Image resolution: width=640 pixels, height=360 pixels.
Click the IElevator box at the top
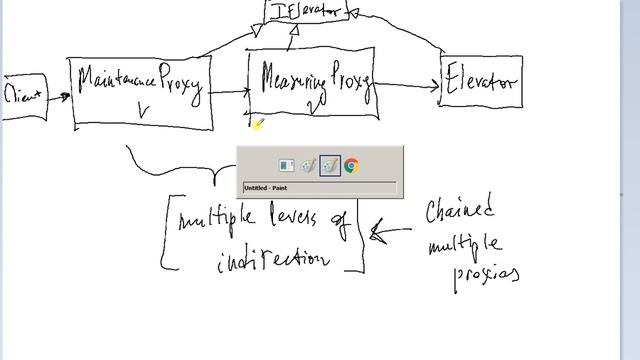pyautogui.click(x=307, y=11)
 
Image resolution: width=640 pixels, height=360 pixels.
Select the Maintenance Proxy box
pyautogui.click(x=141, y=92)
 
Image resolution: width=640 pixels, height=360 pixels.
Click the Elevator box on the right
pyautogui.click(x=481, y=81)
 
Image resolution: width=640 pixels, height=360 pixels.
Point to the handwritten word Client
pyautogui.click(x=24, y=96)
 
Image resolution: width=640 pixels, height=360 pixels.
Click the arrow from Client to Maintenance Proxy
pyautogui.click(x=59, y=97)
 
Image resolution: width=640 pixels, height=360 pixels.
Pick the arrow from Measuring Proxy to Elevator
pyautogui.click(x=407, y=87)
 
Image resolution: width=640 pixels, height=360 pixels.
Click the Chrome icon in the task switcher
pyautogui.click(x=351, y=166)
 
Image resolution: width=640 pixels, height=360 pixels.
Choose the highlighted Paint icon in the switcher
pyautogui.click(x=330, y=166)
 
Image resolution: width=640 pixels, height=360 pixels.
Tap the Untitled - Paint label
pyautogui.click(x=265, y=187)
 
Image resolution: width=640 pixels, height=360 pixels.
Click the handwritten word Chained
pyautogui.click(x=461, y=212)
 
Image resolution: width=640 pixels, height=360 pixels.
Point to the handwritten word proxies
pyautogui.click(x=486, y=271)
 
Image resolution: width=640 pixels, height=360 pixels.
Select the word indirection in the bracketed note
pyautogui.click(x=272, y=258)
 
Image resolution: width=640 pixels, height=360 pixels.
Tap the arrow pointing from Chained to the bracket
pyautogui.click(x=390, y=233)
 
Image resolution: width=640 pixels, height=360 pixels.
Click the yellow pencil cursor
pyautogui.click(x=257, y=124)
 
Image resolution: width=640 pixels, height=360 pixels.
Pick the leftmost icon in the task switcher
pyautogui.click(x=286, y=166)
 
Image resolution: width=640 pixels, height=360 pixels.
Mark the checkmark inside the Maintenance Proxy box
pyautogui.click(x=142, y=113)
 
